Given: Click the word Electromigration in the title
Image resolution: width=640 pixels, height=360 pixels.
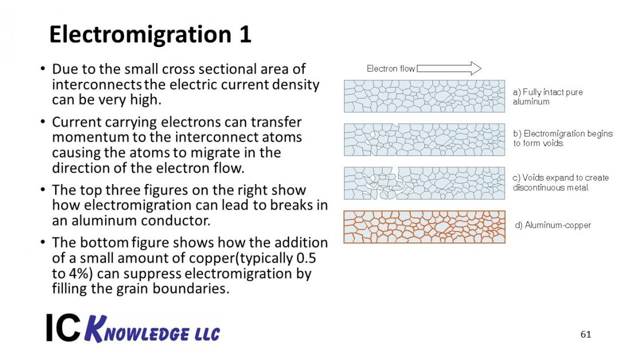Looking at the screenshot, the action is click(x=140, y=35).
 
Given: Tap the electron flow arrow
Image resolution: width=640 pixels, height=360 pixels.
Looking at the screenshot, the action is click(x=449, y=68).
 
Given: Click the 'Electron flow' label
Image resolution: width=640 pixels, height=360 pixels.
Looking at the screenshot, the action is click(x=391, y=69).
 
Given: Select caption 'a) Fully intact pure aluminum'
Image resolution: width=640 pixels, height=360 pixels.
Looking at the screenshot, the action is click(x=548, y=97).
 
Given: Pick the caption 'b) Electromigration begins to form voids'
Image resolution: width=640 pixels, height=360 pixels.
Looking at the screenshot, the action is click(x=563, y=138).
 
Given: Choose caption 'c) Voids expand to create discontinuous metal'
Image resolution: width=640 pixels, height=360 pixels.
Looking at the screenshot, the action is click(x=560, y=182).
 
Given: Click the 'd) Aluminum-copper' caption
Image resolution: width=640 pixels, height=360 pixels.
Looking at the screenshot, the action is click(x=553, y=225).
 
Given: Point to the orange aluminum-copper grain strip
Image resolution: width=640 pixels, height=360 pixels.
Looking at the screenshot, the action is click(x=424, y=227).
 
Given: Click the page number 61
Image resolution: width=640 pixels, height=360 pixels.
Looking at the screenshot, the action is click(x=586, y=334).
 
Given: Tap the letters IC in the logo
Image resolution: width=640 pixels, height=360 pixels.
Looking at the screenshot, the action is click(x=63, y=327).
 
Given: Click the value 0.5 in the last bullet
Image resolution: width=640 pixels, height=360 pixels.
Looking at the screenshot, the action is click(x=306, y=258).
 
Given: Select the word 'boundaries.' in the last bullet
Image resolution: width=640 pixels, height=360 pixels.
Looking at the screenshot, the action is click(x=191, y=288).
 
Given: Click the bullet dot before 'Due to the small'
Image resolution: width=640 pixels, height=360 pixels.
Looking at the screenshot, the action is click(x=43, y=69).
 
